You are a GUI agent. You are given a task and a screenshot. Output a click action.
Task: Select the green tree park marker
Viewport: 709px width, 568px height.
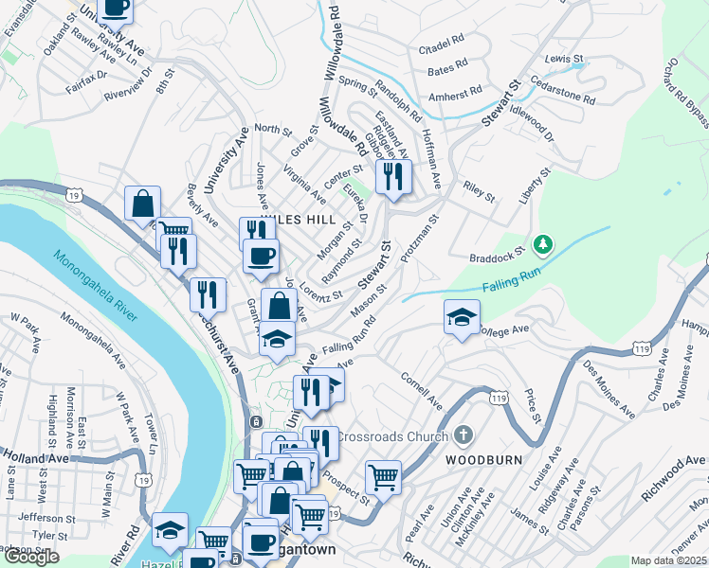click(x=543, y=245)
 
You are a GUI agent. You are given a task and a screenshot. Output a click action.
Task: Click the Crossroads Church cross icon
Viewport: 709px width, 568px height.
click(x=463, y=435)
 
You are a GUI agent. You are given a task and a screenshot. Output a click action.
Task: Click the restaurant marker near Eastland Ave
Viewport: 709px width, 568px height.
click(x=391, y=176)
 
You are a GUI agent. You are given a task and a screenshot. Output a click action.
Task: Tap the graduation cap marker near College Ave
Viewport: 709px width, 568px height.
click(x=462, y=317)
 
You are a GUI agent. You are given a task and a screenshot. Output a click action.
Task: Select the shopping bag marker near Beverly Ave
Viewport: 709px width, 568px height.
click(x=142, y=204)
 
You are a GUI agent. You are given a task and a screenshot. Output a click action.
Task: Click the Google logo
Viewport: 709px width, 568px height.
click(x=30, y=557)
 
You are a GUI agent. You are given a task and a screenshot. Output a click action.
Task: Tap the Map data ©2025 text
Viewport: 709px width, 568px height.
click(x=669, y=560)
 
